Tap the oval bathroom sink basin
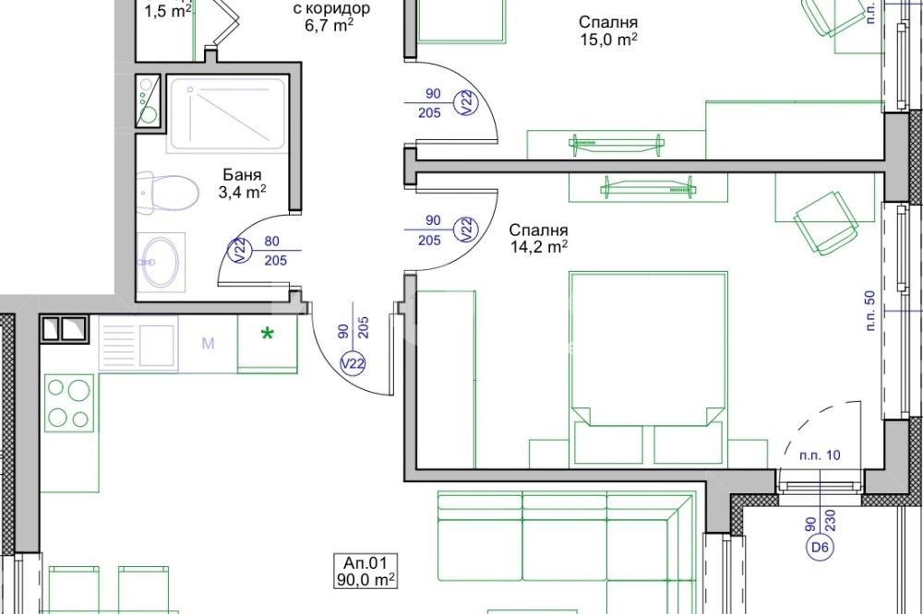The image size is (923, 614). pos(160,262)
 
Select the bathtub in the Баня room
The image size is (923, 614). pos(227,113)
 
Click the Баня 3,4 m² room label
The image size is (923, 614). pos(242,183)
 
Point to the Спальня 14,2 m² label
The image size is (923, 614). pos(539,238)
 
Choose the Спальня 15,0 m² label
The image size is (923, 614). pos(608,30)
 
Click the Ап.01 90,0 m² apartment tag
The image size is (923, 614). pos(366,571)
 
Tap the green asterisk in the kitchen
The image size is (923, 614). pos(268,335)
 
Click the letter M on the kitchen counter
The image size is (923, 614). pos(208,344)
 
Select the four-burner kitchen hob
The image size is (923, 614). pos(69,403)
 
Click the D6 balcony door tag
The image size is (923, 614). pos(820,548)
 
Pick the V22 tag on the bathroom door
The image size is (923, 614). pos(240,251)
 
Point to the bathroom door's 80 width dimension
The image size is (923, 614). pos(272,242)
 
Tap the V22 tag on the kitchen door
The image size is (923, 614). pos(354,364)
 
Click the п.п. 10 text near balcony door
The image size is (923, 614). pos(820,455)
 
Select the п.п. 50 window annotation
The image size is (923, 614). pos(871,310)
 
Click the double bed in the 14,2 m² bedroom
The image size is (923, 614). pos(648,369)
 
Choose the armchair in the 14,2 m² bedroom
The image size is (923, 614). pos(824,223)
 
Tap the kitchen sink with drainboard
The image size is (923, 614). pos(138,344)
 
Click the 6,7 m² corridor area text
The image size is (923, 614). pos(330,25)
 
